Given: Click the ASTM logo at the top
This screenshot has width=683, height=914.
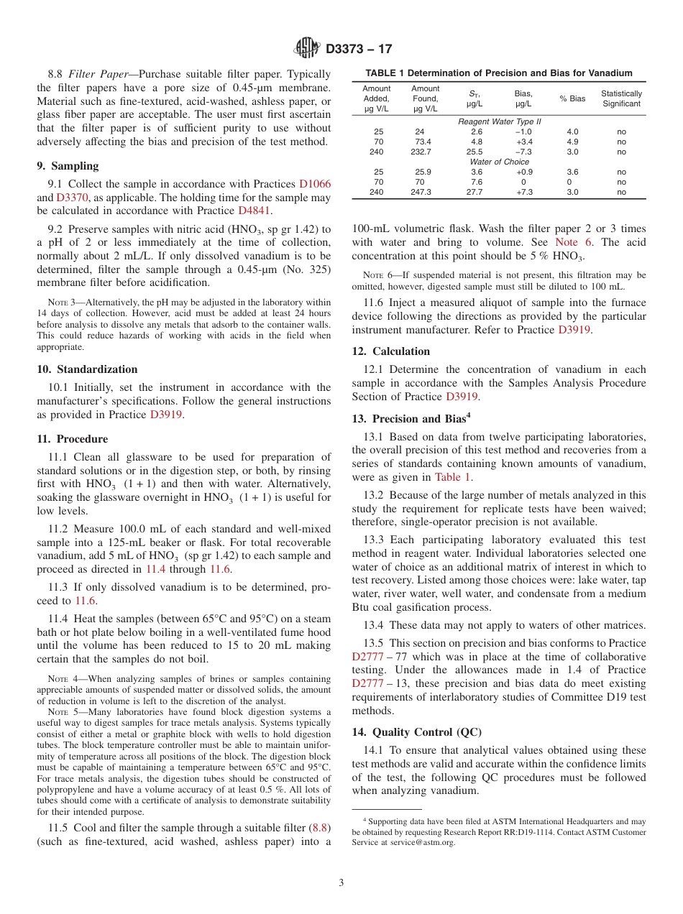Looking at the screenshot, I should pyautogui.click(x=308, y=49).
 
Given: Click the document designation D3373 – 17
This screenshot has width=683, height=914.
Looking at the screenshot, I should pyautogui.click(x=359, y=50).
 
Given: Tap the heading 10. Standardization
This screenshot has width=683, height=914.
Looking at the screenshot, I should pyautogui.click(x=87, y=369).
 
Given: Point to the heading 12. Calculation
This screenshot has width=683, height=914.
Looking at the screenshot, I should pyautogui.click(x=391, y=351).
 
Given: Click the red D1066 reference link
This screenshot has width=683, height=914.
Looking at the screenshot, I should pyautogui.click(x=315, y=184).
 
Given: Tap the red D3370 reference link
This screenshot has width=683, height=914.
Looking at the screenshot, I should pyautogui.click(x=73, y=198).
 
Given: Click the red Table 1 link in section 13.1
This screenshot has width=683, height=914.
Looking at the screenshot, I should pyautogui.click(x=453, y=477).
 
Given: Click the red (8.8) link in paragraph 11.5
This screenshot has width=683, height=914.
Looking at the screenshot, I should pyautogui.click(x=318, y=827).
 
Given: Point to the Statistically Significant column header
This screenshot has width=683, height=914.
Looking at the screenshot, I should pyautogui.click(x=621, y=98).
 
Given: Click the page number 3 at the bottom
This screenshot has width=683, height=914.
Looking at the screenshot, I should pyautogui.click(x=341, y=883).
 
